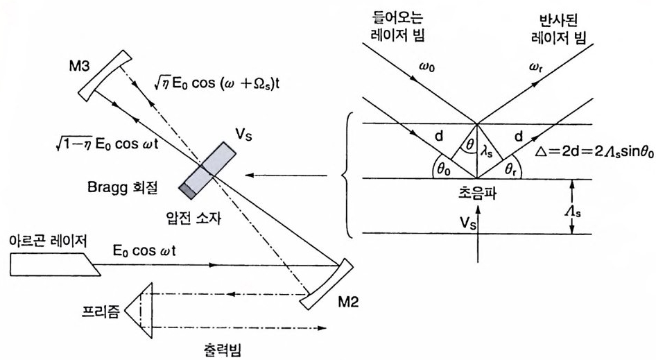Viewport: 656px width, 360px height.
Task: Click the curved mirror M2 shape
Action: pos(325,284)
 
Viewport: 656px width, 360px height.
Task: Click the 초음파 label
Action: pos(476,191)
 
